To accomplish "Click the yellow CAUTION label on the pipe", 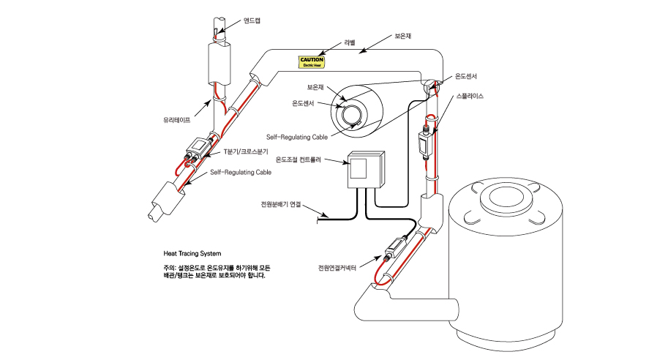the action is pyautogui.click(x=312, y=62).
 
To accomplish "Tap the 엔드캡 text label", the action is pyautogui.click(x=252, y=20).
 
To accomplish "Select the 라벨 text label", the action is pyautogui.click(x=350, y=42).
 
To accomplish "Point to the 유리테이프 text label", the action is pyautogui.click(x=177, y=120).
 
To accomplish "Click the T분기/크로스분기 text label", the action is pyautogui.click(x=246, y=151).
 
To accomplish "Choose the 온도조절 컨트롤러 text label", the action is pyautogui.click(x=299, y=160).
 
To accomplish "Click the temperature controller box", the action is pyautogui.click(x=365, y=169).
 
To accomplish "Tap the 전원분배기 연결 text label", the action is pyautogui.click(x=281, y=205).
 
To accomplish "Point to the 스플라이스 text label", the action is pyautogui.click(x=470, y=96).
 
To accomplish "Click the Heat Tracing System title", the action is pyautogui.click(x=192, y=254).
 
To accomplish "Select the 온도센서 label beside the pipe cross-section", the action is pyautogui.click(x=303, y=103).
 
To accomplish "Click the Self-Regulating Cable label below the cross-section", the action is pyautogui.click(x=296, y=137).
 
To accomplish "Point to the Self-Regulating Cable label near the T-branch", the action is pyautogui.click(x=241, y=172).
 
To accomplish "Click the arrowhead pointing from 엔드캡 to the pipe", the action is pyautogui.click(x=219, y=31).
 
